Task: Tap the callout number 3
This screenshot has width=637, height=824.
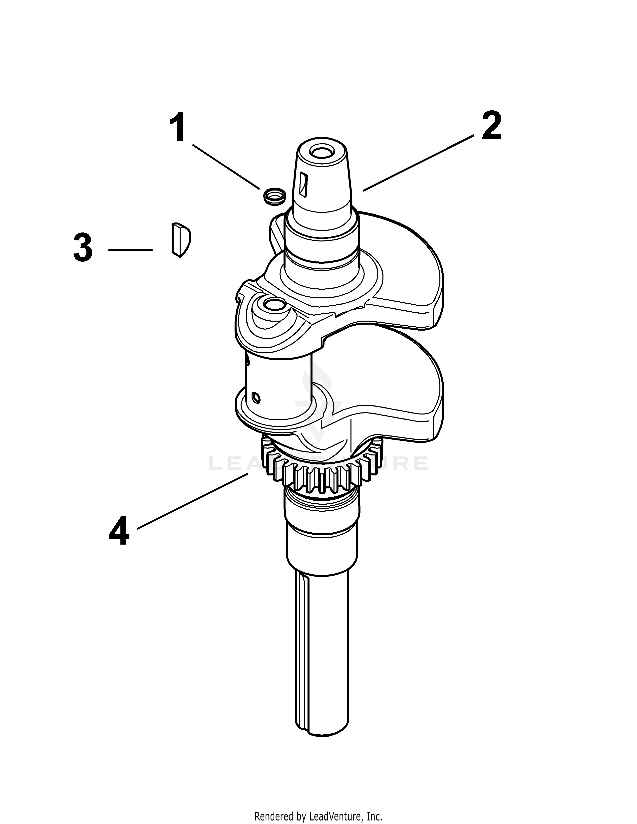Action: [x=83, y=247]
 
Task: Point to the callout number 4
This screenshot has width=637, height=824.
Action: [x=119, y=532]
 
